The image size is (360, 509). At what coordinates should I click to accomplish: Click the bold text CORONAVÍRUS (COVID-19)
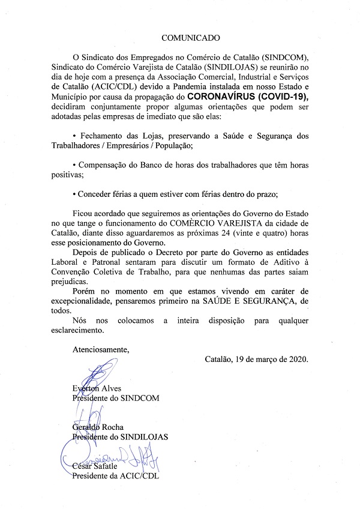249,95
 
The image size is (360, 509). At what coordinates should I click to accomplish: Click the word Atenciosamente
100,348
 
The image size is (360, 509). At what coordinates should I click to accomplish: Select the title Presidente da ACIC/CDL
116,477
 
